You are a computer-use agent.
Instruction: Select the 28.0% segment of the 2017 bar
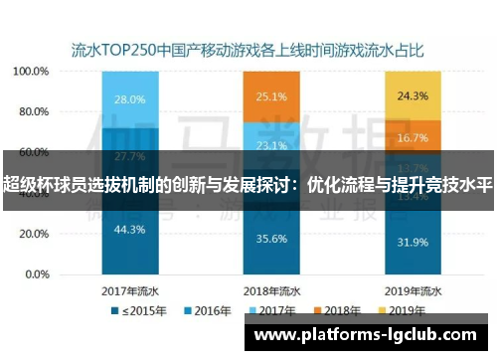(129, 99)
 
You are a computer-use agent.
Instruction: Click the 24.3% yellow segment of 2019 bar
(413, 95)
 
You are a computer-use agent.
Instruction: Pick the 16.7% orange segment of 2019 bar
(413, 137)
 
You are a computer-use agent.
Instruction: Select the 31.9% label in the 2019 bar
(413, 242)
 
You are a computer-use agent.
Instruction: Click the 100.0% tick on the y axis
(33, 72)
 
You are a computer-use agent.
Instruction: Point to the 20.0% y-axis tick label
(35, 234)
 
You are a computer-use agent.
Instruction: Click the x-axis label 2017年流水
(130, 290)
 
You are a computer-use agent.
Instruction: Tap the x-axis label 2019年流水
(413, 290)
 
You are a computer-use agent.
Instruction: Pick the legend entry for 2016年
(206, 311)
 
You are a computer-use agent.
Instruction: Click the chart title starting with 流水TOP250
(248, 47)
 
